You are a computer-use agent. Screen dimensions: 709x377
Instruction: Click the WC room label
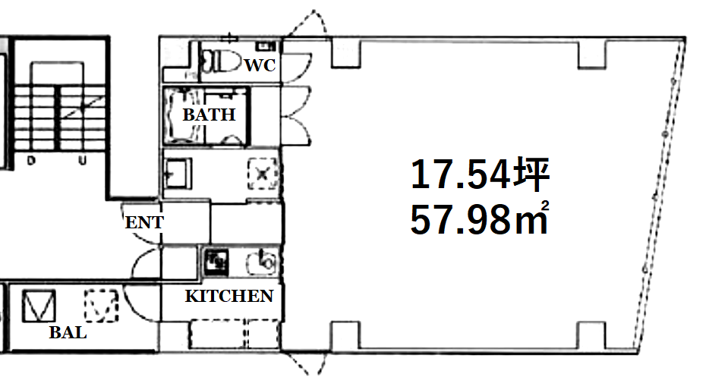pos(260,65)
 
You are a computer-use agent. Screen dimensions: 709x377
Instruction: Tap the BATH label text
pos(209,115)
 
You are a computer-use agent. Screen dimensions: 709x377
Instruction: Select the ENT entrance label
pos(144,222)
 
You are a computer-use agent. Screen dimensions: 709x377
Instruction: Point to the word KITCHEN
pos(229,296)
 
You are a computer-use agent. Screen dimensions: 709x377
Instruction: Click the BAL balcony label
pos(68,333)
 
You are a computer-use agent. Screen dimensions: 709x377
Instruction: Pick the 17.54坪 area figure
pos(480,174)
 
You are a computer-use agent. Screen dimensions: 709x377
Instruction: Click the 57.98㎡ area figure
pos(480,218)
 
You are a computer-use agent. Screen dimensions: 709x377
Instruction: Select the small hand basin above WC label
pos(266,46)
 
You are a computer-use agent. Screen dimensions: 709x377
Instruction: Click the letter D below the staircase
pos(31,161)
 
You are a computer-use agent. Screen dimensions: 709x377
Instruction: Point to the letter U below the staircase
pos(82,161)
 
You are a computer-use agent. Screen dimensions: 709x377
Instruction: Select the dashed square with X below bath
pos(262,174)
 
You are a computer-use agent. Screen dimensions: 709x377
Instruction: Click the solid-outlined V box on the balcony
pos(39,306)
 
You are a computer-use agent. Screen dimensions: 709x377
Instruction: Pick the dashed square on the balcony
pos(101,306)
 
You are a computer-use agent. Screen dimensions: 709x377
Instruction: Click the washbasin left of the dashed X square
pos(178,174)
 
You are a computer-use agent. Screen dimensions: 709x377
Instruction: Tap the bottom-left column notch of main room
pos(346,335)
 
